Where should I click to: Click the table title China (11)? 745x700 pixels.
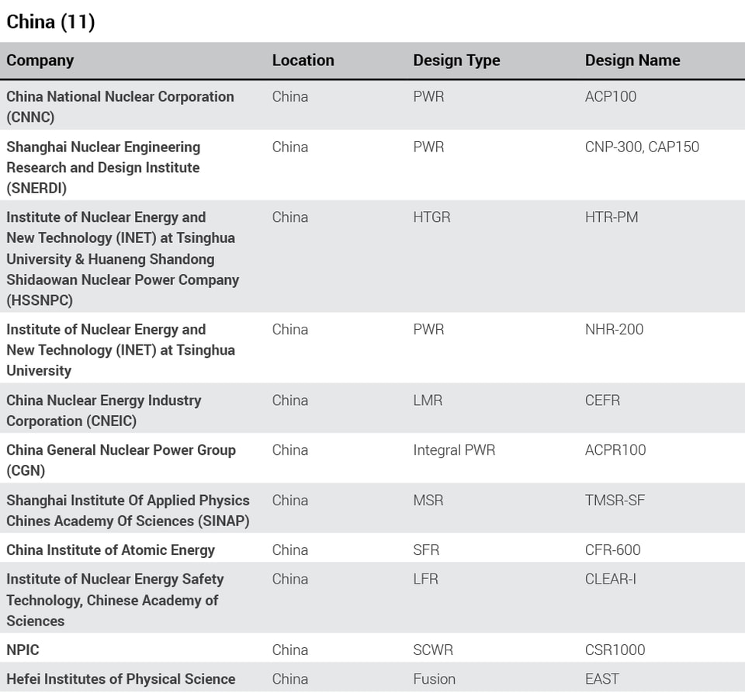coord(50,22)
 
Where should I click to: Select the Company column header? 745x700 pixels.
coord(40,61)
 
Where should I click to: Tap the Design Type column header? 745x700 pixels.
coord(456,61)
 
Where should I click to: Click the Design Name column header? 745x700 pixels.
coord(632,61)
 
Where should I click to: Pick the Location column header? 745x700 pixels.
coord(303,61)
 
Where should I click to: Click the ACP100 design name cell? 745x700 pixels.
coord(611,97)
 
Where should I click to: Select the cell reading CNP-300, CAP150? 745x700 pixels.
coord(642,147)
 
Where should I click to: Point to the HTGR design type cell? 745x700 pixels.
coord(431,217)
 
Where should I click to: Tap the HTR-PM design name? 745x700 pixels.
coord(612,217)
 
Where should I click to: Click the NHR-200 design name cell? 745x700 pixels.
coord(614,329)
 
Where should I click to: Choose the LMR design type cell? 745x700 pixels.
coord(428,400)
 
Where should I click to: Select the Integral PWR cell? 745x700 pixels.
coord(454,450)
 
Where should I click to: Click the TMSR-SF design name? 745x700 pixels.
coord(615,501)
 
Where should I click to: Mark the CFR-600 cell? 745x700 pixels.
coord(612,550)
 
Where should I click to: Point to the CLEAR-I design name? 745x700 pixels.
coord(611,579)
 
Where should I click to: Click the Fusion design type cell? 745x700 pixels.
coord(434,679)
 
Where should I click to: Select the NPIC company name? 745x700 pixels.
coord(23,650)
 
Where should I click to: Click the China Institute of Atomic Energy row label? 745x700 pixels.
coord(111,550)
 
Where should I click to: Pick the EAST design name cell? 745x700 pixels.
coord(602,679)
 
